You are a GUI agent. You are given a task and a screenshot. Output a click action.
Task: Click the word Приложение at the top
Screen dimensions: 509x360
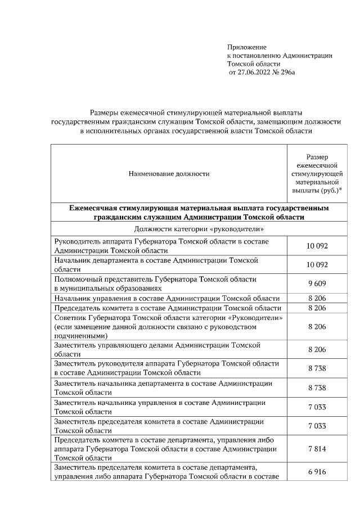246,47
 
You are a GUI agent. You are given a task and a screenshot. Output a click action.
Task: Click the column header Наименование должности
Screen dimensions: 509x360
169,174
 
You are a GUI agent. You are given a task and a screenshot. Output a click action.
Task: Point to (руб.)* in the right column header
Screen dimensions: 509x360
332,191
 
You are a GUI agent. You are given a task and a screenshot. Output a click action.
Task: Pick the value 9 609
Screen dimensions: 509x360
317,283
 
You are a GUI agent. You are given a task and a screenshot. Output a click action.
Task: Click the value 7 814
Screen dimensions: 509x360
317,449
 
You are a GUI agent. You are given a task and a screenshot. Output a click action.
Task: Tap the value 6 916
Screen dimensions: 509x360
317,472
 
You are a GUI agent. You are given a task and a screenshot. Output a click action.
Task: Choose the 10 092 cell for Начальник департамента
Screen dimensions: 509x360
317,264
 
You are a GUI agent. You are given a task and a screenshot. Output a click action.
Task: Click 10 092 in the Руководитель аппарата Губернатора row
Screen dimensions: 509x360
317,246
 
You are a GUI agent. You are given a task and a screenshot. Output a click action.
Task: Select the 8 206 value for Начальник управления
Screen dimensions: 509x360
317,298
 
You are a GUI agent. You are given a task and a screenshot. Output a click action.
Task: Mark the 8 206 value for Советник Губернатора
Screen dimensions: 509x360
317,326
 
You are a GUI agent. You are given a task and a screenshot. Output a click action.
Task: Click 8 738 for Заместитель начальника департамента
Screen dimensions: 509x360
317,388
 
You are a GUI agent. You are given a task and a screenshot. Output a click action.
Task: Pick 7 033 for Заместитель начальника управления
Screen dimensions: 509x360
317,407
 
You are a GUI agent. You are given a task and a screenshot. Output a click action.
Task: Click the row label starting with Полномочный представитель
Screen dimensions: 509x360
155,283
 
